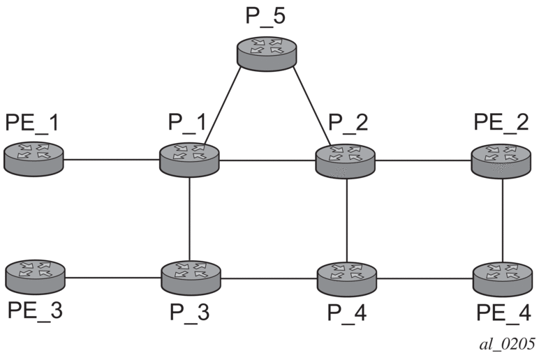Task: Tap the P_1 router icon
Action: pyautogui.click(x=189, y=158)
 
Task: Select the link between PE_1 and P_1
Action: pyautogui.click(x=111, y=159)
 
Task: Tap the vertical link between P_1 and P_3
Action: pyautogui.click(x=190, y=218)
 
